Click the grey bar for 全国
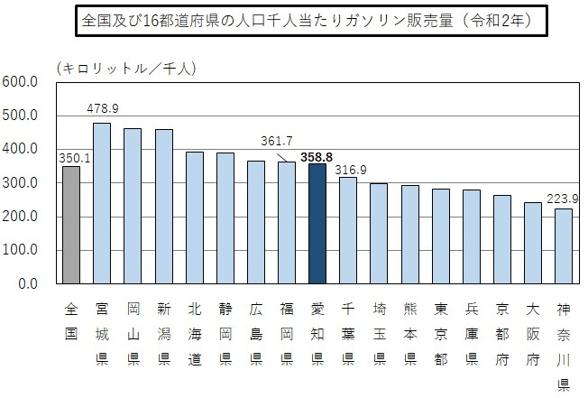72,225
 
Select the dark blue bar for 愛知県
317,224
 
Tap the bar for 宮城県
102,203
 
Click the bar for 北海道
195,218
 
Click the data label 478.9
103,108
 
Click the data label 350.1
72,158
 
